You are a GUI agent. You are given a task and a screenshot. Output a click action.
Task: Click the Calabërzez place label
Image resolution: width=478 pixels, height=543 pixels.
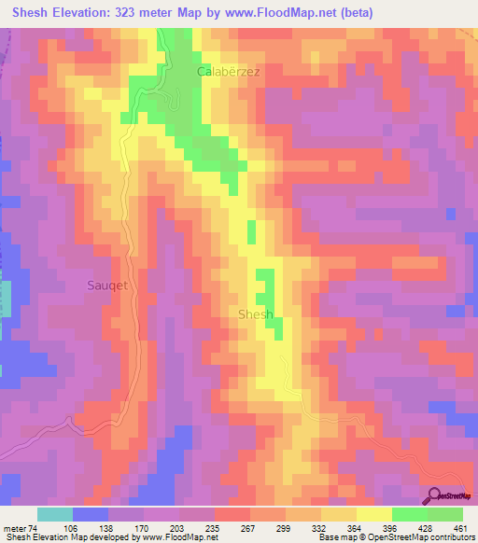[x=227, y=71]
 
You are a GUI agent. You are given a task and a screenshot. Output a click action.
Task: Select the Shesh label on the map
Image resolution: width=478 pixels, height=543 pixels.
[x=256, y=314]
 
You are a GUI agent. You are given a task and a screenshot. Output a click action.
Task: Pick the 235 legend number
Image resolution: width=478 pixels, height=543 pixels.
[x=212, y=528]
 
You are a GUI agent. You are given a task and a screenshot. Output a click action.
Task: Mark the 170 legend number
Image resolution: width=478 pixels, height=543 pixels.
[x=140, y=528]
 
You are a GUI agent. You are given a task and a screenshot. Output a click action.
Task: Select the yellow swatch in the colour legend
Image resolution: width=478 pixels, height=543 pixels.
[x=373, y=514]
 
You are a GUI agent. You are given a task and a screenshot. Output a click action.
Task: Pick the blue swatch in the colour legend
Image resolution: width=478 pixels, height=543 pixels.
[x=90, y=514]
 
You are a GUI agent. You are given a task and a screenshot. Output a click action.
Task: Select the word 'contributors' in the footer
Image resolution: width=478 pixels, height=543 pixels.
[x=449, y=537]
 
